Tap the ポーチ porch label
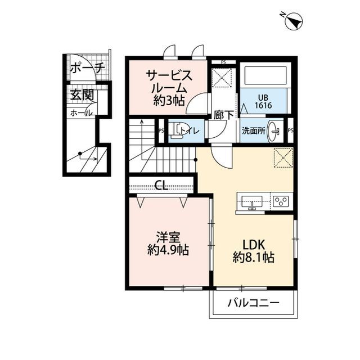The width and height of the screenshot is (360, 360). coord(87,69)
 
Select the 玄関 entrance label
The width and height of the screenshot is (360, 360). coord(82,95)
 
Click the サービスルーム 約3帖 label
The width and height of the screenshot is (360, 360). coord(169,88)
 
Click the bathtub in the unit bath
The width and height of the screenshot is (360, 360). coord(264,75)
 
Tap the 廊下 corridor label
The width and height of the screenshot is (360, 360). coord(223,115)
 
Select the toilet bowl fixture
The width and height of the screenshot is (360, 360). coord(178,130)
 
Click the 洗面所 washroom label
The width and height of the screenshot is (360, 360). coord(253,130)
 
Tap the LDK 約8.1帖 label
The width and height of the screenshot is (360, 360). coord(253,251)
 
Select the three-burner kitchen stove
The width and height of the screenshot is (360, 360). coord(281,201)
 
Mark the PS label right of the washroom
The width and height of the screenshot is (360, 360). coord(290,130)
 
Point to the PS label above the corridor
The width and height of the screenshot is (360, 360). coord(223,62)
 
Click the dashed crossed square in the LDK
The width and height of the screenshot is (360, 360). coord(283,157)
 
